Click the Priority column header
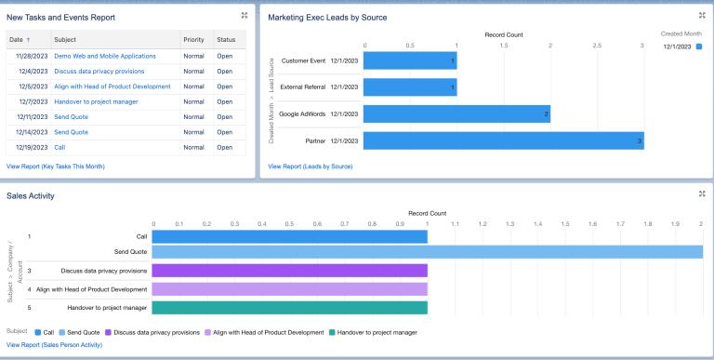193,40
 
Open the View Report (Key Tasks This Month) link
56,167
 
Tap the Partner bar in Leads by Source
502,140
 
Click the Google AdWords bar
456,114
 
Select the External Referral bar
409,88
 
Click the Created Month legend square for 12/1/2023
699,46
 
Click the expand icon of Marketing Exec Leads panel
702,16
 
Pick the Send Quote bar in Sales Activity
427,252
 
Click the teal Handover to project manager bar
289,308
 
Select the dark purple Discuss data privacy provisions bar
289,271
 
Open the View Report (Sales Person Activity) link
54,345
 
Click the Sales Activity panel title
31,196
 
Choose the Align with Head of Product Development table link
112,87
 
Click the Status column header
226,40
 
